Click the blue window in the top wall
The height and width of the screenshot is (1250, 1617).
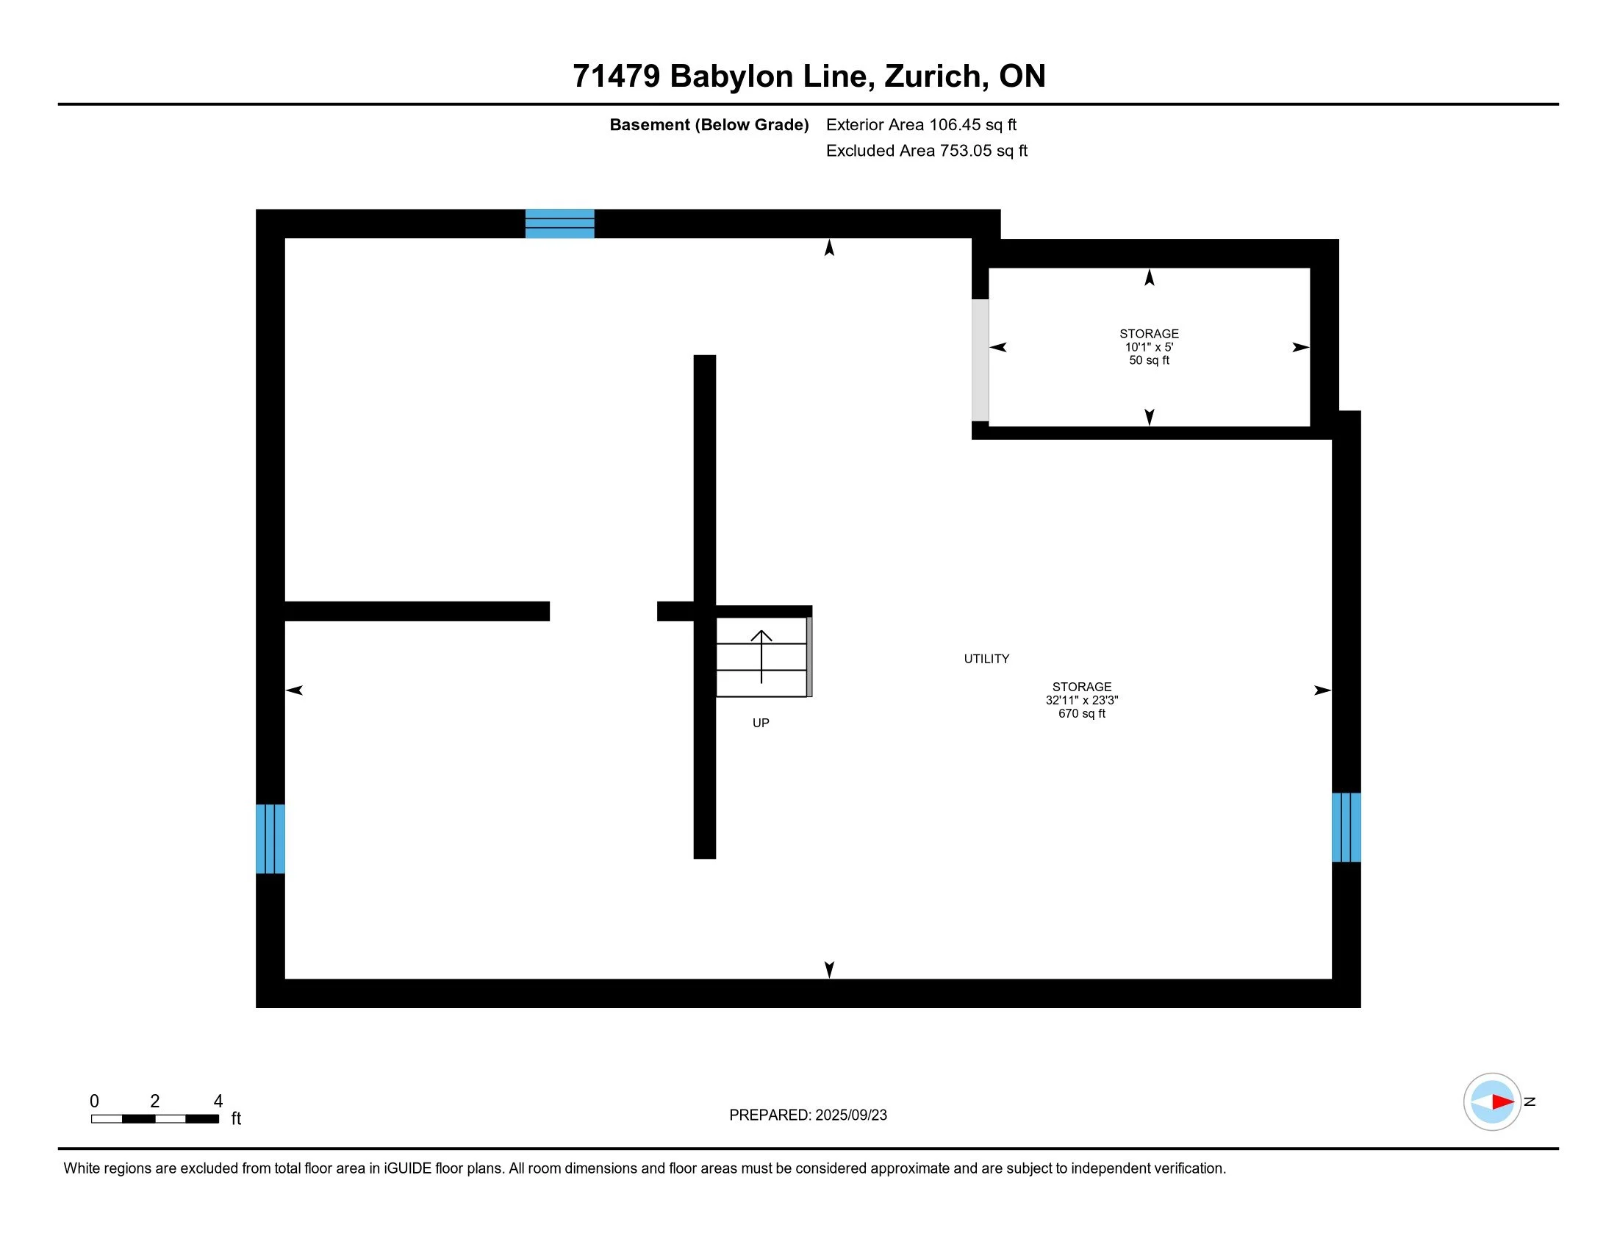pyautogui.click(x=559, y=224)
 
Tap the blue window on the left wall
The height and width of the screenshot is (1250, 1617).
pyautogui.click(x=270, y=838)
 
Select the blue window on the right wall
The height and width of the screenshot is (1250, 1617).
pyautogui.click(x=1345, y=827)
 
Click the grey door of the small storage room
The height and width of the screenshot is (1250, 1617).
pyautogui.click(x=980, y=360)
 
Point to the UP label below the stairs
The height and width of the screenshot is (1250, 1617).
pyautogui.click(x=761, y=723)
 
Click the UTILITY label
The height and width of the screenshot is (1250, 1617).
pyautogui.click(x=986, y=658)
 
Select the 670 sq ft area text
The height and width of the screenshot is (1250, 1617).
pyautogui.click(x=1081, y=714)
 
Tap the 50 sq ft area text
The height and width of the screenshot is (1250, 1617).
pyautogui.click(x=1148, y=360)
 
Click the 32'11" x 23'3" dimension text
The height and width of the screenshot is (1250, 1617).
pyautogui.click(x=1081, y=700)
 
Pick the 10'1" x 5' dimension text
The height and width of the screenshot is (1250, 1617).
pyautogui.click(x=1148, y=346)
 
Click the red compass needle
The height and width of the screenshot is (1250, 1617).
pyautogui.click(x=1502, y=1102)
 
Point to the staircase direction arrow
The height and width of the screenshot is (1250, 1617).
pyautogui.click(x=761, y=654)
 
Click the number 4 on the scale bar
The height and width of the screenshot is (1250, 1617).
pyautogui.click(x=218, y=1101)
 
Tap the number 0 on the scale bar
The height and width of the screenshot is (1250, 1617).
pyautogui.click(x=94, y=1101)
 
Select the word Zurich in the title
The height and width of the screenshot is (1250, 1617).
pyautogui.click(x=932, y=76)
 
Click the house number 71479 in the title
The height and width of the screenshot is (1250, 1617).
pyautogui.click(x=616, y=76)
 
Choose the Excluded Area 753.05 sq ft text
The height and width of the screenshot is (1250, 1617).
pyautogui.click(x=926, y=151)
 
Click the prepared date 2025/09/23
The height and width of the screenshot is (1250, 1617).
pyautogui.click(x=850, y=1115)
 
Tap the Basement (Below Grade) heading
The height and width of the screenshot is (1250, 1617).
pyautogui.click(x=709, y=125)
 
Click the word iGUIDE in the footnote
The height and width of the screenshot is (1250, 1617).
pyautogui.click(x=407, y=1168)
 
